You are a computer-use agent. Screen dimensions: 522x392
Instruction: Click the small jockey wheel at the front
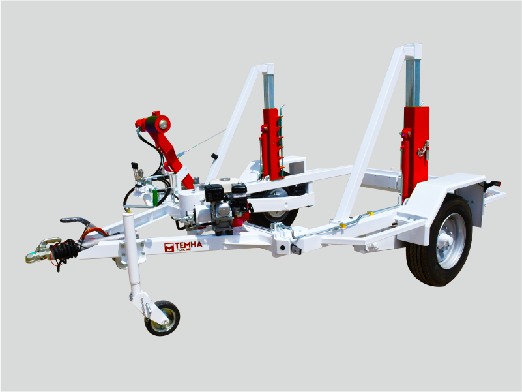pos(162,318)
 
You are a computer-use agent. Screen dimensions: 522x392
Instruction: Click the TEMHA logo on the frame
pos(183,247)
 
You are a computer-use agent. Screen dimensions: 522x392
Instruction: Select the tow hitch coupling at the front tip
pos(42,250)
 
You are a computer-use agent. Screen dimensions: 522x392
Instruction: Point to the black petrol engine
pos(226,207)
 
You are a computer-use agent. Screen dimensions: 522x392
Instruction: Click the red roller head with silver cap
pos(154,124)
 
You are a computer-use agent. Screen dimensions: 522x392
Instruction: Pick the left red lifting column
pos(272,144)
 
